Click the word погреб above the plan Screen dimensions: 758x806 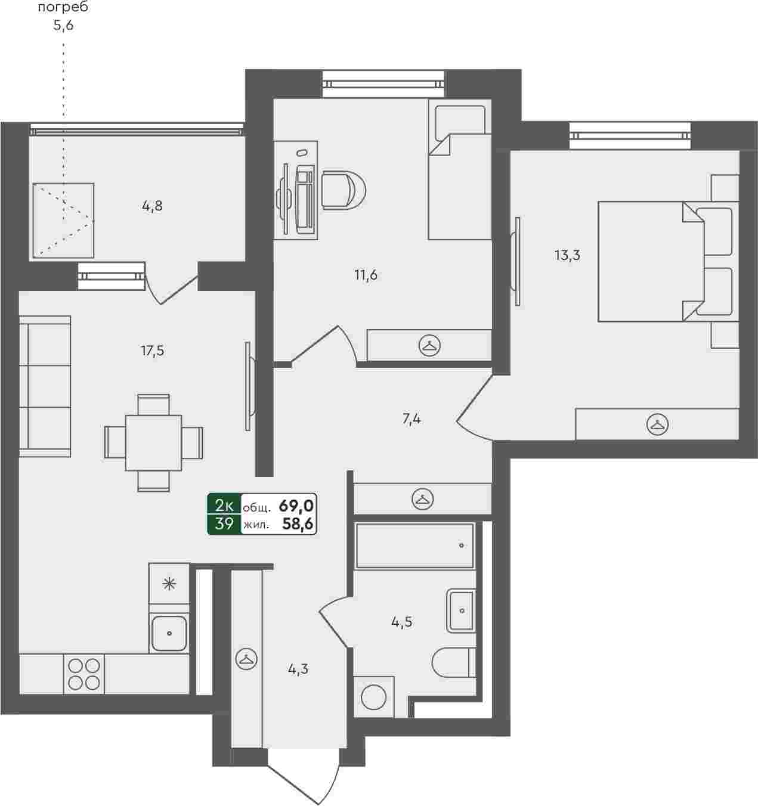(63, 7)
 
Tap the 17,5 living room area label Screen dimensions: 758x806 (153, 351)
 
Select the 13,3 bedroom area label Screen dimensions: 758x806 (567, 255)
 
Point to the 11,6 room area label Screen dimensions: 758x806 (366, 275)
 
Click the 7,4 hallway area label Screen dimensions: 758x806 (412, 419)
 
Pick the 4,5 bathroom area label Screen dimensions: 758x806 (402, 622)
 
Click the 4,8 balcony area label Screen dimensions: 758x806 (152, 206)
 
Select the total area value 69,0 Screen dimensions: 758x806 (296, 506)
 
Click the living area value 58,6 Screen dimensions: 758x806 (298, 525)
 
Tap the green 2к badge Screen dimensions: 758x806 (224, 506)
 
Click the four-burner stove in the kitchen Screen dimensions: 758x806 (84, 674)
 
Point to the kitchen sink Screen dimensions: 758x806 (169, 633)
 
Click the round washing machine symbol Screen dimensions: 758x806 (373, 697)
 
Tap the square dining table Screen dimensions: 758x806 (153, 443)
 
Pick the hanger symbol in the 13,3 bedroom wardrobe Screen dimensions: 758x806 (657, 424)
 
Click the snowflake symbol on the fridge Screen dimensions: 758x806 (169, 584)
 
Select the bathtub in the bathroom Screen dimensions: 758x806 (415, 545)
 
